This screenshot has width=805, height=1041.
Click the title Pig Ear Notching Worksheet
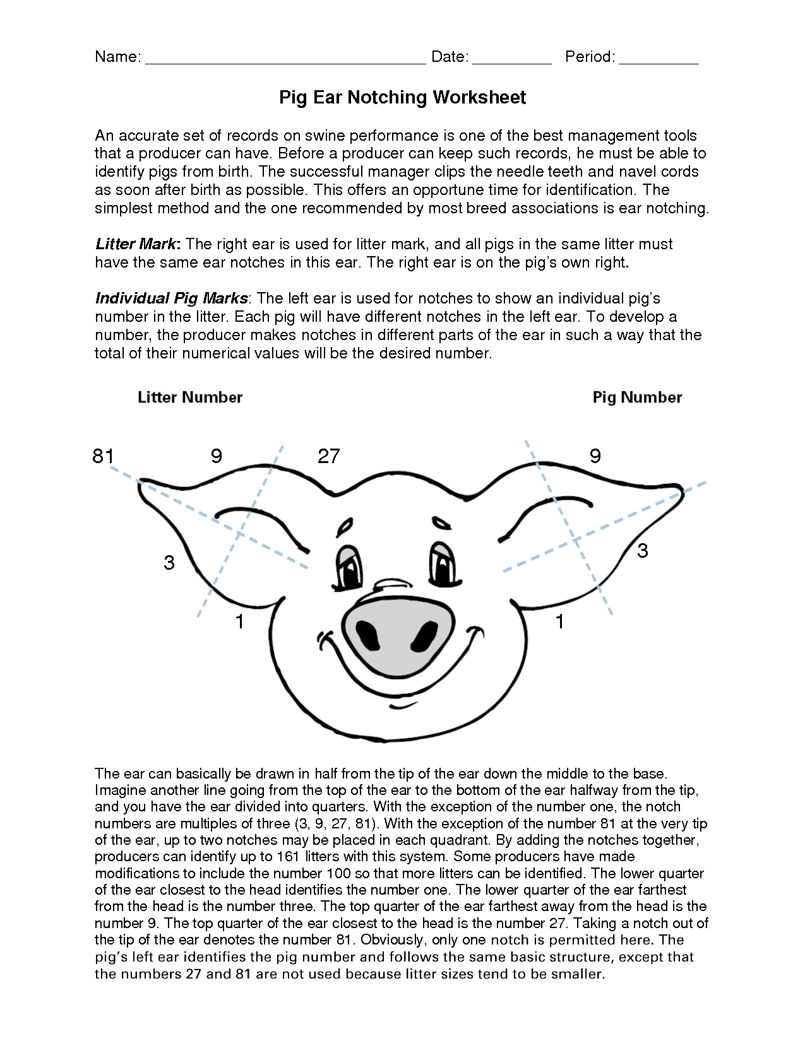(402, 97)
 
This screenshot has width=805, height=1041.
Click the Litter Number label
(190, 397)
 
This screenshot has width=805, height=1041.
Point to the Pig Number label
(637, 397)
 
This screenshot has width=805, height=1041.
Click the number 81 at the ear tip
(103, 456)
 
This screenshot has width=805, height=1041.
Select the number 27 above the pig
(328, 456)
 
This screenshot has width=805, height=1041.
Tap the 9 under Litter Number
(217, 456)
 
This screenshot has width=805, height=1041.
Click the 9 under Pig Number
(595, 456)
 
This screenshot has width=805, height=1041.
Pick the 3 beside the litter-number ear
(169, 562)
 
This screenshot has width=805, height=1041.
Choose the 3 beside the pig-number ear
(642, 550)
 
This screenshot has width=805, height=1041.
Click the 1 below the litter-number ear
(240, 621)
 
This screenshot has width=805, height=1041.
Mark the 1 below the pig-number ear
(559, 621)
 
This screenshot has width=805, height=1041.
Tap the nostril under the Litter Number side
(366, 632)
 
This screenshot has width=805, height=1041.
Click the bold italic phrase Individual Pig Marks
(171, 298)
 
